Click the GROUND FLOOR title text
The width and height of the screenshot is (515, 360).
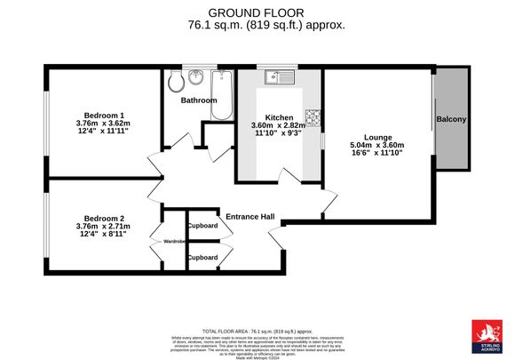tap(257, 12)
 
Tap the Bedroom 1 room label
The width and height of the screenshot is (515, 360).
tap(104, 115)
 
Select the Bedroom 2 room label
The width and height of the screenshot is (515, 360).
tap(104, 218)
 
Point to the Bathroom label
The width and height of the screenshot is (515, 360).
tap(199, 100)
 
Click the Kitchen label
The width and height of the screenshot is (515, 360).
tap(279, 116)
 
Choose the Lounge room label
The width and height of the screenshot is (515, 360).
tap(376, 135)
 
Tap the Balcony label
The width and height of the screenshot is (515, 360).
tap(451, 119)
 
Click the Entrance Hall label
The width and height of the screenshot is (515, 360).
tap(250, 217)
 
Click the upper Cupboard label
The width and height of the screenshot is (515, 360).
tap(202, 226)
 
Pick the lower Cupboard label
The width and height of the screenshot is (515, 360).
tap(202, 257)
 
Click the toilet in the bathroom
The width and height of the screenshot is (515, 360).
tap(177, 82)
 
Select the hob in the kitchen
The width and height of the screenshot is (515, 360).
tap(312, 116)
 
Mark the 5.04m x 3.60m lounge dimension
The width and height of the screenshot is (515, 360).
tap(376, 145)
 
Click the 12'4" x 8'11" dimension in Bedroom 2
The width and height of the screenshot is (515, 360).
tap(104, 236)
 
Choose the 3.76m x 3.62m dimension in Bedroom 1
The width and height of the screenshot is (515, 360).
tap(104, 124)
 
